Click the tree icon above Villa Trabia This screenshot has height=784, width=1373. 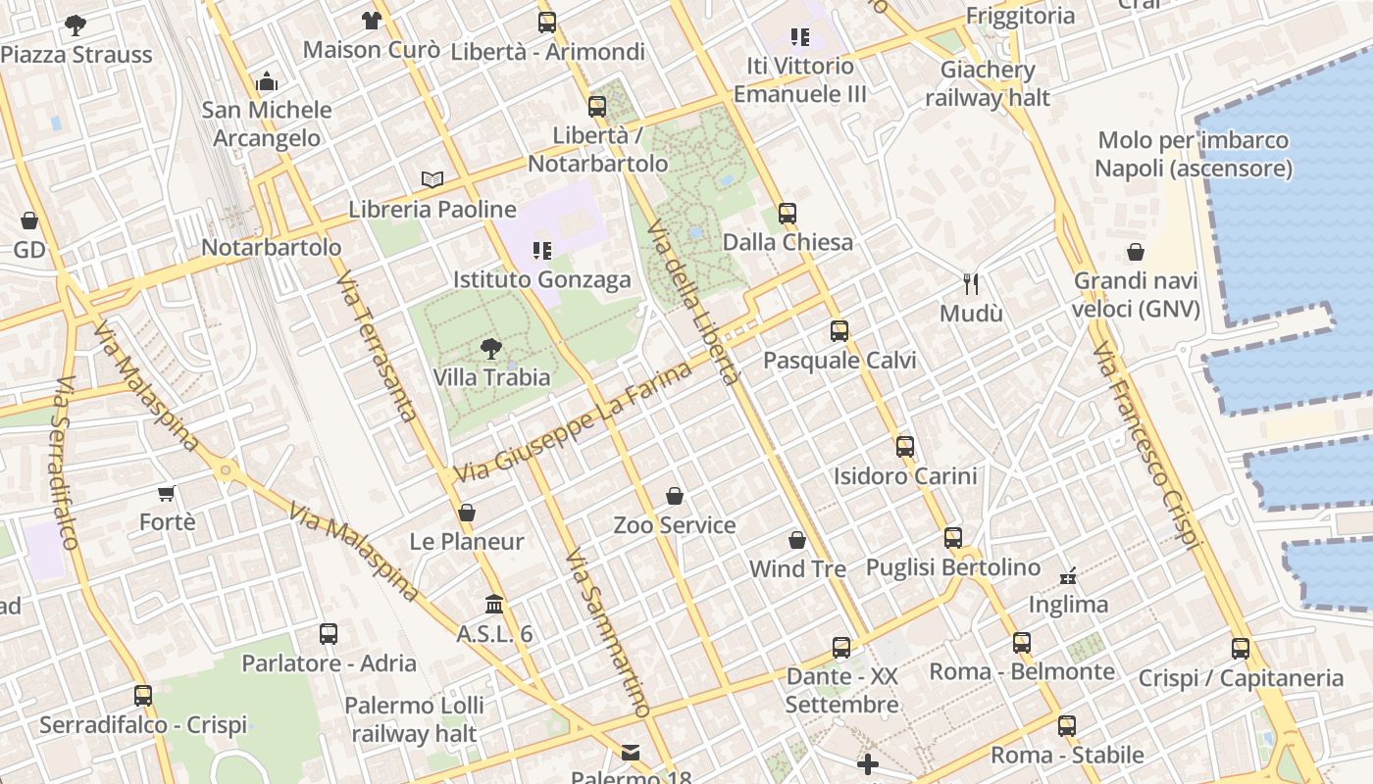(490, 348)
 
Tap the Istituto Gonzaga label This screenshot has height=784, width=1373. (541, 280)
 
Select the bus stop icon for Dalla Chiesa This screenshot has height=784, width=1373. (788, 214)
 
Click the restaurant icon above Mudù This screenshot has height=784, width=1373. (971, 284)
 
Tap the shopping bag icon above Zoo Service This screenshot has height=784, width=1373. (674, 497)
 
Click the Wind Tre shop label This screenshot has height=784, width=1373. (797, 568)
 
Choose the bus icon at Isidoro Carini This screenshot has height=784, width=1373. (904, 447)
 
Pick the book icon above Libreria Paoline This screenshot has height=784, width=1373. (432, 179)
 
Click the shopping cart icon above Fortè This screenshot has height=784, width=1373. (167, 493)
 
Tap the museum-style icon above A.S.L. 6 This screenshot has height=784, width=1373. (494, 605)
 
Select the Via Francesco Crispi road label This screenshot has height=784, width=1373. (1145, 446)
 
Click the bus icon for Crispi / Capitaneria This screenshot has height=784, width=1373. (1241, 649)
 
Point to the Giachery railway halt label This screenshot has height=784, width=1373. (987, 83)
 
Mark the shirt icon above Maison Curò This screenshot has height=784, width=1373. (371, 20)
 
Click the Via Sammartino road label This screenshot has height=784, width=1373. (608, 632)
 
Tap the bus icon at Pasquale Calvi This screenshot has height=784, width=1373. (839, 331)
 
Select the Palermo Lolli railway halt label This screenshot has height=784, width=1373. (414, 718)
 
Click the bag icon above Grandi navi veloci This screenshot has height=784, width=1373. (1136, 253)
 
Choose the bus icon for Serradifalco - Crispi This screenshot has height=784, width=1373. (143, 696)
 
